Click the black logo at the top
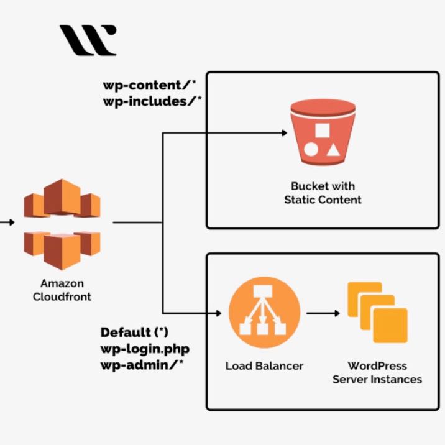pos(88,40)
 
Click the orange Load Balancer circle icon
pos(264,313)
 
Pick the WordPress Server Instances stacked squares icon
pos(377,313)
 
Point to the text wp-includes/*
pos(152,101)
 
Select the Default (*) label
pos(134,333)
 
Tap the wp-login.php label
pos(144,348)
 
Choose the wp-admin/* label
pos(142,364)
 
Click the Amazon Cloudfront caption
pos(62,290)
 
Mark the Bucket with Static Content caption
pos(323,193)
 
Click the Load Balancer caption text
pos(264,366)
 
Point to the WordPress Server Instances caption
pos(377,372)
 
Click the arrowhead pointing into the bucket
pos(283,132)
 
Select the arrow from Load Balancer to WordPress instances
pos(323,313)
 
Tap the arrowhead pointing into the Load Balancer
pos(219,313)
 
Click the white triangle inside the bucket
pos(333,150)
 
